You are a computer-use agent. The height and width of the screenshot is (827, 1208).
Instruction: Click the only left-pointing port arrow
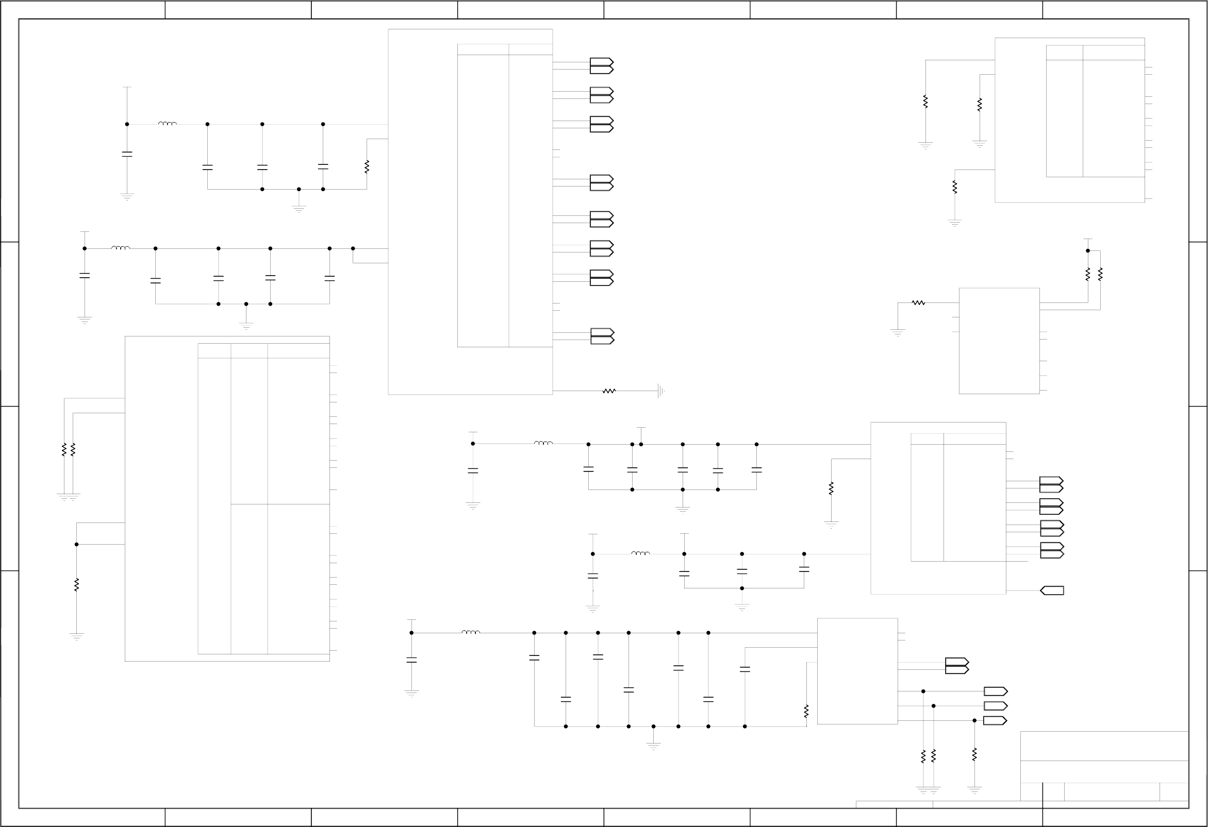pos(1052,590)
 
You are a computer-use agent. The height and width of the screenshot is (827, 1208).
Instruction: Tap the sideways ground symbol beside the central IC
pos(660,391)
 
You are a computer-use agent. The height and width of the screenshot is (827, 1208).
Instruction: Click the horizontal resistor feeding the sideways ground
pos(609,391)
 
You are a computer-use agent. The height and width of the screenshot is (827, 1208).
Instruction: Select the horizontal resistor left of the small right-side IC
pos(918,302)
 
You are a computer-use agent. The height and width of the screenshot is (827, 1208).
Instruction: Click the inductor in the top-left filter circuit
pos(168,124)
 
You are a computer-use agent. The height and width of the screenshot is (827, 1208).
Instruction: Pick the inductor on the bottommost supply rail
pos(471,632)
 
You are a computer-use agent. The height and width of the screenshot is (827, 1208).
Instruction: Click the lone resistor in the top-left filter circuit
pos(367,167)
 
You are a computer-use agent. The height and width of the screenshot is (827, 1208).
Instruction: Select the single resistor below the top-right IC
pos(955,187)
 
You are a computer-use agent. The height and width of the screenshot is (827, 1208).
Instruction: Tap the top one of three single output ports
pos(996,691)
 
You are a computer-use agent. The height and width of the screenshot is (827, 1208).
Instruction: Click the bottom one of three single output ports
pos(996,720)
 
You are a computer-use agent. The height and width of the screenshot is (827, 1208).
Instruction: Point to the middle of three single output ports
pos(996,706)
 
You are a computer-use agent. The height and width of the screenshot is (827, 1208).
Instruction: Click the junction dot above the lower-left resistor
pos(76,545)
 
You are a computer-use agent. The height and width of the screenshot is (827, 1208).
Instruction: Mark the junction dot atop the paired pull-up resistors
pos(1088,250)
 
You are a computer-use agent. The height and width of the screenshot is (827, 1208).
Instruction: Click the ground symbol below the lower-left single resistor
pos(76,636)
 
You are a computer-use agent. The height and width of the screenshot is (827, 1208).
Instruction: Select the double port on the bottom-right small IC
pos(957,666)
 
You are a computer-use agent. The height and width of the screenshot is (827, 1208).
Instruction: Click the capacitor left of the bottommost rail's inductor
pos(411,660)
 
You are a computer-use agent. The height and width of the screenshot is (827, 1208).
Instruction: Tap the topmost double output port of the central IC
pos(602,65)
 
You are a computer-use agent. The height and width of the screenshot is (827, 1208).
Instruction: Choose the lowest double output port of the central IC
pos(602,336)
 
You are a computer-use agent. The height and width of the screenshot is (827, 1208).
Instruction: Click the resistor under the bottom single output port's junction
pos(974,755)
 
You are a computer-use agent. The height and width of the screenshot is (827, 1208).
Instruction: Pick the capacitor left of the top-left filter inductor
pos(127,154)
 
